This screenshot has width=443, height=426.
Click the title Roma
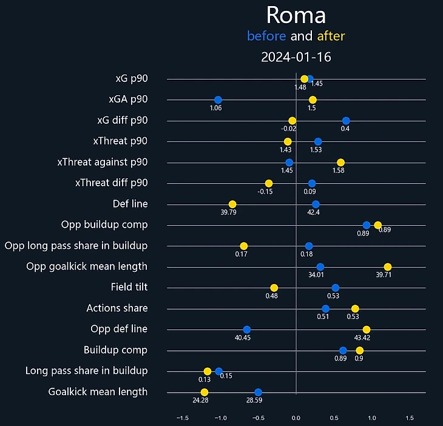tap(296, 15)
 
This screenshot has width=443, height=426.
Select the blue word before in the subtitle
tap(266, 36)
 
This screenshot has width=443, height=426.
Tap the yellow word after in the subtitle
tap(331, 36)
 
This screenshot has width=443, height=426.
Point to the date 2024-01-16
tap(296, 58)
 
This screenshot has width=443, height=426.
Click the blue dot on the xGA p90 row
tap(218, 100)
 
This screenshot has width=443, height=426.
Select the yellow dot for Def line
tap(232, 204)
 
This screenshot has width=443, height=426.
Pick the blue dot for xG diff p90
tap(346, 121)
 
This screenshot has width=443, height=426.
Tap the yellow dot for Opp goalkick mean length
tap(388, 267)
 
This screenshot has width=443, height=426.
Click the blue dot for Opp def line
tap(246, 330)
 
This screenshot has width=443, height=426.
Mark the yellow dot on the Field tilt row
tap(274, 288)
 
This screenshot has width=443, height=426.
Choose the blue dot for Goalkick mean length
tap(258, 392)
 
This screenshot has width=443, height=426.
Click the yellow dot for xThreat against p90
tap(340, 162)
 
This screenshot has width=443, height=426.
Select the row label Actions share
tap(117, 308)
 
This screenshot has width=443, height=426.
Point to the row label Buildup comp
tap(115, 350)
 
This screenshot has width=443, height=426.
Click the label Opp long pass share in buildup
tap(76, 246)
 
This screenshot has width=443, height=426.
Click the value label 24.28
tap(201, 401)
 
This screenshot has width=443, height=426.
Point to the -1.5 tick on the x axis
tap(182, 418)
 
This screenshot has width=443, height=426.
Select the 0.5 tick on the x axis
tap(334, 418)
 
